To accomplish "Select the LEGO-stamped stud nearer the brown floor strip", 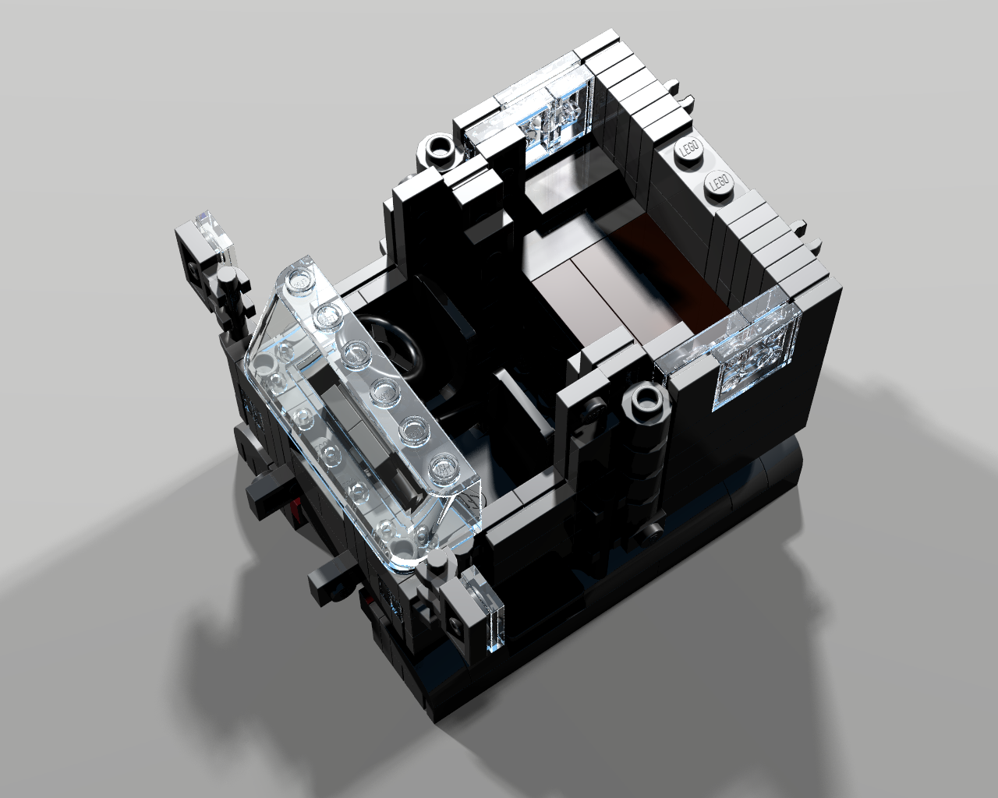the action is tap(720, 182).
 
